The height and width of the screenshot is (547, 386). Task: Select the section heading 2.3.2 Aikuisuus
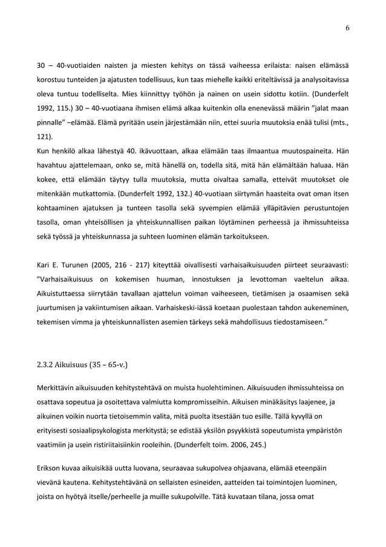[83, 365]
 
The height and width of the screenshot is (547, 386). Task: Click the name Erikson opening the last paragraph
[50, 469]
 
